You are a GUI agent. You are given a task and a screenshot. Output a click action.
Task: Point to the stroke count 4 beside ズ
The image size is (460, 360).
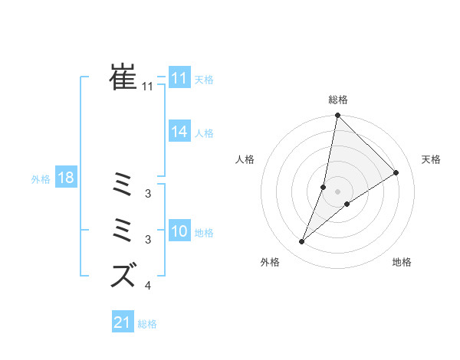pyautogui.click(x=147, y=286)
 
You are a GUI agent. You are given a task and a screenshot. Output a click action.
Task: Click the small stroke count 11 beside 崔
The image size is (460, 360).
pyautogui.click(x=147, y=87)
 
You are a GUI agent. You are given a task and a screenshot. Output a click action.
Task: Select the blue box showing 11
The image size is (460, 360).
pyautogui.click(x=179, y=79)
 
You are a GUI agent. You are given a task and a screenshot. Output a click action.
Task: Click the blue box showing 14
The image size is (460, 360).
pyautogui.click(x=179, y=133)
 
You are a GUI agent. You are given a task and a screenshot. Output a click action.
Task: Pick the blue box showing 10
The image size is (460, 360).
pyautogui.click(x=179, y=232)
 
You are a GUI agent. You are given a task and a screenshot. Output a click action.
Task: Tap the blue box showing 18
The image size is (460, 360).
pyautogui.click(x=66, y=178)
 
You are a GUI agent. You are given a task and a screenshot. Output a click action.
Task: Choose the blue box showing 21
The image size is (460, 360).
pyautogui.click(x=123, y=322)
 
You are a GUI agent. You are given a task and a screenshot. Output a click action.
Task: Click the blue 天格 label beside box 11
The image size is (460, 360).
pyautogui.click(x=204, y=80)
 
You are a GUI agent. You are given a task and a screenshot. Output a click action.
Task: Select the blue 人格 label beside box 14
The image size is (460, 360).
pyautogui.click(x=204, y=133)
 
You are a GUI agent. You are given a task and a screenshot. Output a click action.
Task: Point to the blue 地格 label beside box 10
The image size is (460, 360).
pyautogui.click(x=204, y=233)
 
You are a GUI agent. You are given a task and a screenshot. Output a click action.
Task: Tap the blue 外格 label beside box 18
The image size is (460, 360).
pyautogui.click(x=41, y=179)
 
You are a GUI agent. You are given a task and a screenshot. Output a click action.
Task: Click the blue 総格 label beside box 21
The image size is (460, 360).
pyautogui.click(x=147, y=324)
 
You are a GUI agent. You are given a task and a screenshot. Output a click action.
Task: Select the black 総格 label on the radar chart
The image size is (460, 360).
pyautogui.click(x=338, y=100)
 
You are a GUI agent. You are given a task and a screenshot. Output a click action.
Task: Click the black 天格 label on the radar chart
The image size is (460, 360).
pyautogui.click(x=431, y=159)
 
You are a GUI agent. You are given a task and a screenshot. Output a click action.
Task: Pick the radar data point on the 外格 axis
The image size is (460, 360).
pyautogui.click(x=302, y=242)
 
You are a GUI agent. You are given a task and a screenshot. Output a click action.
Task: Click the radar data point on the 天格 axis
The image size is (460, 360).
pyautogui.click(x=396, y=172)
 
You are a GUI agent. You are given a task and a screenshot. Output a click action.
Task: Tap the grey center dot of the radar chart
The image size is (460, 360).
pyautogui.click(x=338, y=191)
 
